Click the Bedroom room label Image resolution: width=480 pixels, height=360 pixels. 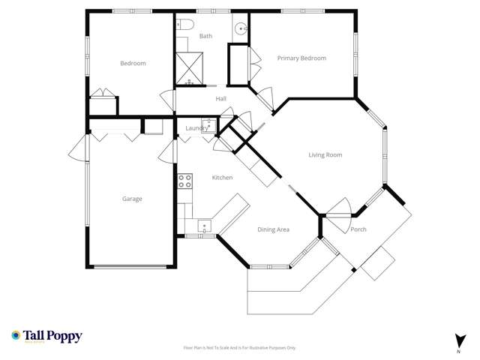(x=133, y=63)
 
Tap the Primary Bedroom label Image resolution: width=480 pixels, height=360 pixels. (x=301, y=58)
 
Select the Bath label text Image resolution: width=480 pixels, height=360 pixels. (x=205, y=36)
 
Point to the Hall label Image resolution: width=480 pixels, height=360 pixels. (x=220, y=98)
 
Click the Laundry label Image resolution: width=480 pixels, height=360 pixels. (x=196, y=128)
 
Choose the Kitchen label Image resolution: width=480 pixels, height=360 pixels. (x=222, y=178)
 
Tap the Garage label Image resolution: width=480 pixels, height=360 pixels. (x=132, y=199)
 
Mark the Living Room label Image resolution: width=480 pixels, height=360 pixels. (x=325, y=155)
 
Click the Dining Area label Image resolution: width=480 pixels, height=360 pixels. (x=273, y=229)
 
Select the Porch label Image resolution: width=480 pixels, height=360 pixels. (x=358, y=229)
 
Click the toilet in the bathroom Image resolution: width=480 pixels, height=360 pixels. (x=182, y=24)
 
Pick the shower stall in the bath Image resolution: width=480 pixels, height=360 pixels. (x=189, y=67)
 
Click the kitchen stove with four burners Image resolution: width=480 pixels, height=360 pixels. (x=184, y=181)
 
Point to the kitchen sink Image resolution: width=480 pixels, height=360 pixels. (x=204, y=226)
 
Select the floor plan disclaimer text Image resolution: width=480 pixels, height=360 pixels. (x=240, y=348)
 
